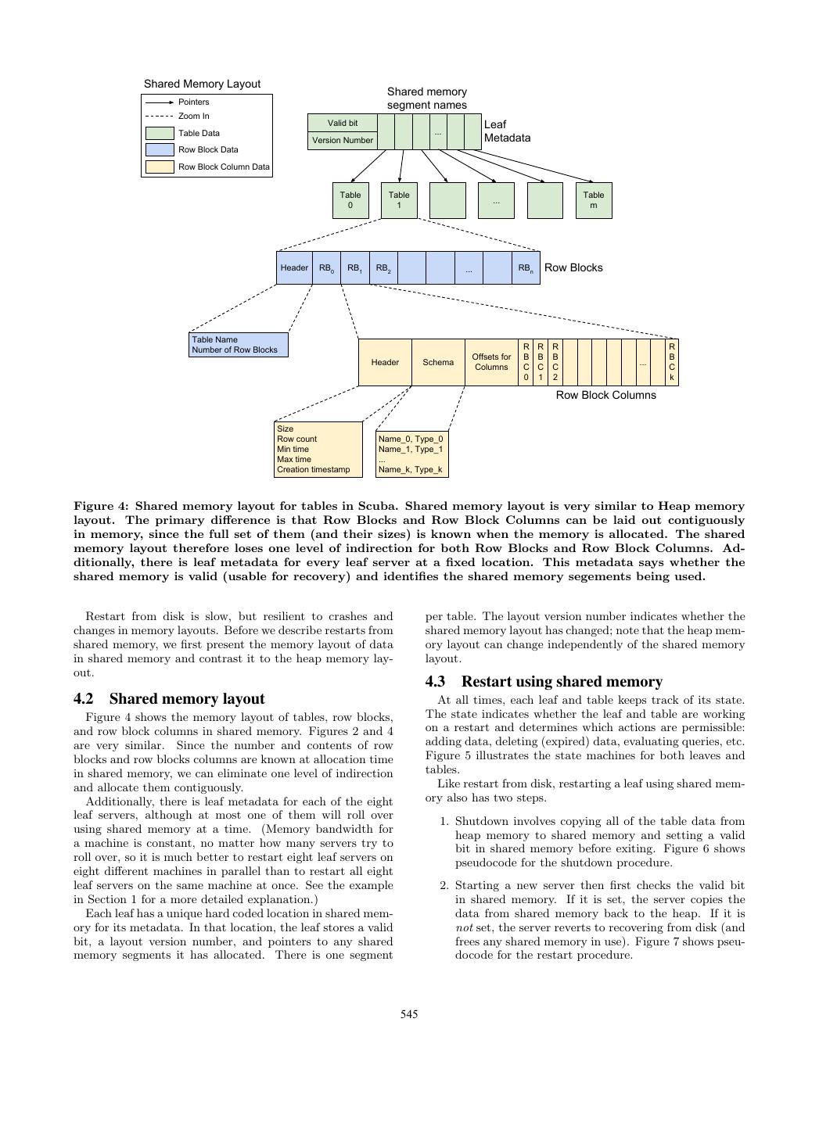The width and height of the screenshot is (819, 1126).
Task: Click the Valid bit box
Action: click(x=342, y=123)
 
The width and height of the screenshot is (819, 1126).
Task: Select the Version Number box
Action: click(x=342, y=141)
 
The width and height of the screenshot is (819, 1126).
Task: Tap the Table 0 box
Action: click(x=350, y=200)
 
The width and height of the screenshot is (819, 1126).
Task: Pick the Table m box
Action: click(x=594, y=200)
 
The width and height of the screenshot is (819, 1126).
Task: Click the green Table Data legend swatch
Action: click(x=160, y=134)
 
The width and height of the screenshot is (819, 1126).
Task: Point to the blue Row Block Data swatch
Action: click(x=160, y=150)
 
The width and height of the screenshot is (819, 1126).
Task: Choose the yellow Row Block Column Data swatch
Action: click(x=160, y=167)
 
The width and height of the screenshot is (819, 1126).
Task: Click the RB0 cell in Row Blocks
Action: click(x=326, y=268)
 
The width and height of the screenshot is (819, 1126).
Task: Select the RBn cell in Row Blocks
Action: click(x=526, y=268)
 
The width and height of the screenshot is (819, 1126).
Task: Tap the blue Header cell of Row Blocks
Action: click(x=294, y=268)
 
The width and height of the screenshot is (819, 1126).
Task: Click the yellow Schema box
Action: click(x=438, y=362)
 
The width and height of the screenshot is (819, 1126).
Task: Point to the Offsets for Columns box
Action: click(x=491, y=362)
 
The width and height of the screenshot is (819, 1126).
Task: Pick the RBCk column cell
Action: click(x=672, y=362)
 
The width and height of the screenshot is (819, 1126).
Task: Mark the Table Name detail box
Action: click(x=239, y=345)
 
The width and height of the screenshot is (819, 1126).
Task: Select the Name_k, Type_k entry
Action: click(x=411, y=470)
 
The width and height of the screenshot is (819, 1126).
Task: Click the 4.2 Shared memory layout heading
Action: click(x=169, y=699)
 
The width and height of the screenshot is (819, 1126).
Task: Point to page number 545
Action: click(x=409, y=1015)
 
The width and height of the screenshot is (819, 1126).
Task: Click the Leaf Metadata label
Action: click(x=507, y=131)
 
